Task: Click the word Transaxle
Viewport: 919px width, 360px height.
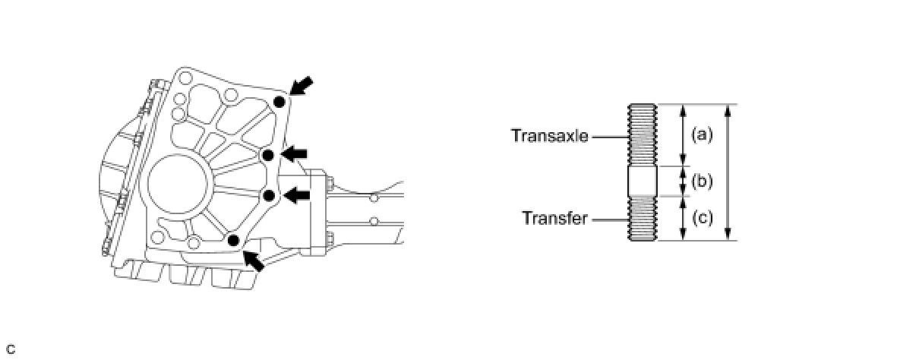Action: tap(549, 137)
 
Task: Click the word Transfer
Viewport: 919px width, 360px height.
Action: tap(554, 219)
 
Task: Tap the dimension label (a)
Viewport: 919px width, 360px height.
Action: tap(703, 135)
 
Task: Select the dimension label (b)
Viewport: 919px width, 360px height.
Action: tap(703, 182)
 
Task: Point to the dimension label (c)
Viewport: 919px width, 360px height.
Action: tap(703, 219)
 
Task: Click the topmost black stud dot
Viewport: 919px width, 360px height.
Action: tap(279, 101)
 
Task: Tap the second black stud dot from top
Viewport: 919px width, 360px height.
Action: tap(268, 155)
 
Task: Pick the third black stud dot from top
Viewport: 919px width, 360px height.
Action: tap(269, 195)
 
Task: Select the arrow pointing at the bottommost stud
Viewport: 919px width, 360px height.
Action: tap(254, 260)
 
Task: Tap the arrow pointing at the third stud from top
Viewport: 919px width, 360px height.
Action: tap(297, 195)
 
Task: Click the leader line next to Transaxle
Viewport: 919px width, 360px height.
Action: tap(609, 137)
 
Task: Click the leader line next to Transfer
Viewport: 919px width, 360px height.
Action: tap(609, 219)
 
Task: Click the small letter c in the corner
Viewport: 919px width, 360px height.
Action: tap(10, 349)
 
